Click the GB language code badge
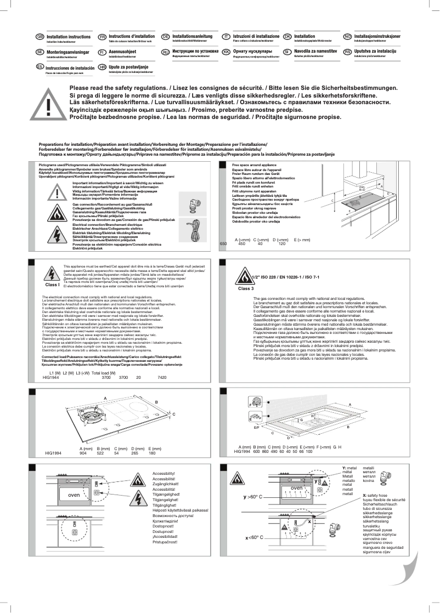pos(40,36)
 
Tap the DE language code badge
pos(165,36)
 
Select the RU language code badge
pos(165,52)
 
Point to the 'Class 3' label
pos(245,288)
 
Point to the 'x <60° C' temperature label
pos(255,538)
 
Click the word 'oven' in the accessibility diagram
pos(74,496)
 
